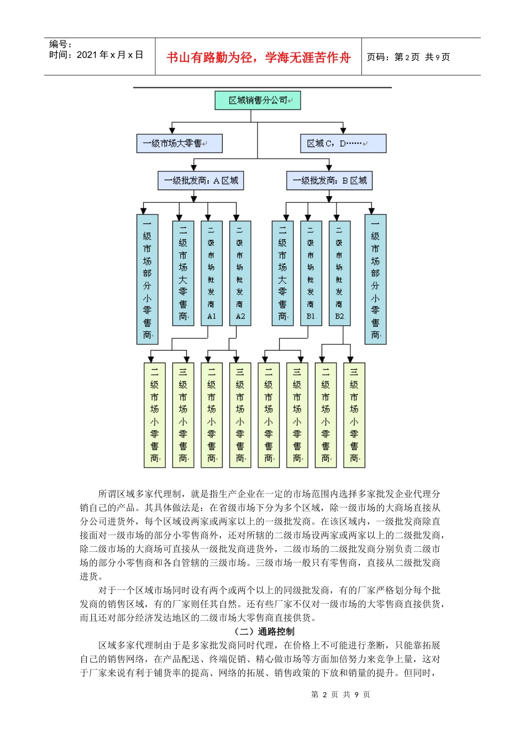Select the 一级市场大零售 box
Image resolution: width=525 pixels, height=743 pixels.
click(179, 143)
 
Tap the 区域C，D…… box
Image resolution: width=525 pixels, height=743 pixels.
click(343, 143)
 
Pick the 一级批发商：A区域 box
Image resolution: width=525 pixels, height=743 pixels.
click(201, 181)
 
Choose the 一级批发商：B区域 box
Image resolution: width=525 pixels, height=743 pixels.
click(329, 181)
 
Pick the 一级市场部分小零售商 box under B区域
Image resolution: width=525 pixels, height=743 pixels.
click(375, 279)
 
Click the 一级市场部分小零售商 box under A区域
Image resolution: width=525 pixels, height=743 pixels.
click(147, 279)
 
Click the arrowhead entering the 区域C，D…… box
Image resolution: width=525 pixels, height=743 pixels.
click(343, 130)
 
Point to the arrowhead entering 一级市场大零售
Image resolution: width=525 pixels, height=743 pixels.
click(172, 130)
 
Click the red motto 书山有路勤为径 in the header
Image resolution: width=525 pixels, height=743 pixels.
click(258, 57)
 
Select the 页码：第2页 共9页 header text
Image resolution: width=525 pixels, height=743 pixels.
click(408, 57)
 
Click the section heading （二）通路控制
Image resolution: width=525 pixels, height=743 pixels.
click(265, 631)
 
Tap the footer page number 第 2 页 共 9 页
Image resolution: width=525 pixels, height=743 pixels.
click(340, 694)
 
